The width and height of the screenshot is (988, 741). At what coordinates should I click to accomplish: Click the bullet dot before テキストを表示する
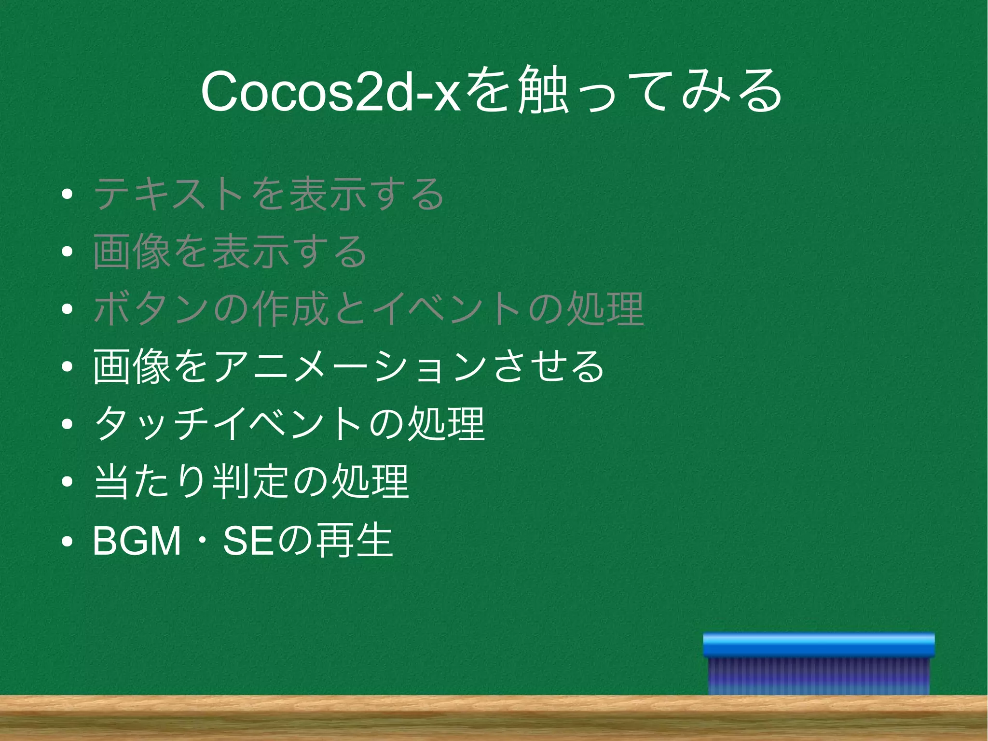tap(67, 194)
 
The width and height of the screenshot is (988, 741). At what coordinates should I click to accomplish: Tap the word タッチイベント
tap(227, 424)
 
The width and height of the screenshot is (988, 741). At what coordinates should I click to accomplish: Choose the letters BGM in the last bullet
tap(137, 541)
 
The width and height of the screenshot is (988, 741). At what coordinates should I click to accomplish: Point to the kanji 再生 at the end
tap(355, 541)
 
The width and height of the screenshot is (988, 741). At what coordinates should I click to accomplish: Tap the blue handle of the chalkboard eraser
tap(819, 645)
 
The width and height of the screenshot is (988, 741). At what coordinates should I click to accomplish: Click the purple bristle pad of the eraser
tap(819, 676)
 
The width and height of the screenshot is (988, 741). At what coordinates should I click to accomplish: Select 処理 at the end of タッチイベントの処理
tap(446, 424)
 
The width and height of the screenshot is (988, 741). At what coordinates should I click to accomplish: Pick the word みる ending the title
tap(731, 91)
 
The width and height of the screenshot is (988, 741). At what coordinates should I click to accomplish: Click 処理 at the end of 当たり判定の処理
tap(370, 482)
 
